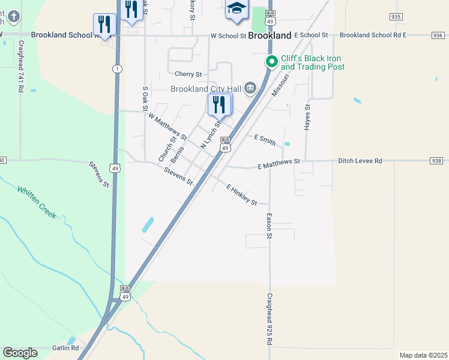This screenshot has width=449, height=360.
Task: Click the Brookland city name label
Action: tap(270, 36)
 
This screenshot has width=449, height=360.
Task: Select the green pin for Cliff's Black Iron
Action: tap(271, 61)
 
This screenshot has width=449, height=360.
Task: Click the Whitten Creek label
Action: tap(37, 202)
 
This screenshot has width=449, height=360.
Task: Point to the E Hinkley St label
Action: tap(242, 195)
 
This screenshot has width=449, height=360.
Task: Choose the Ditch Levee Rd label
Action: tap(360, 161)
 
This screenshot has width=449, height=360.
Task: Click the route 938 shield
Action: tap(436, 161)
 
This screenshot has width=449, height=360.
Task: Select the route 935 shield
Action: tap(395, 17)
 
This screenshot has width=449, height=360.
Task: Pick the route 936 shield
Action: tap(437, 35)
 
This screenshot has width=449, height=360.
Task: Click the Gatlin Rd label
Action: tap(65, 348)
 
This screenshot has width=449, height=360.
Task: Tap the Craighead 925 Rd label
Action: tap(270, 319)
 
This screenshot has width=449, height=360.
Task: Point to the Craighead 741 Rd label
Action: tap(20, 66)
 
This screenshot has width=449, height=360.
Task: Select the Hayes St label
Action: tap(307, 117)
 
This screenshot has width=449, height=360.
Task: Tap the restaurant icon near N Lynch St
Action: tap(219, 104)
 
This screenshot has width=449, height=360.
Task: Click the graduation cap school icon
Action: tap(237, 8)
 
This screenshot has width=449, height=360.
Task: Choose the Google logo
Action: tap(20, 353)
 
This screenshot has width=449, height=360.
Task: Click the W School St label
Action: tap(229, 36)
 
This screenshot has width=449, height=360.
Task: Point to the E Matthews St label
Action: tap(279, 163)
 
